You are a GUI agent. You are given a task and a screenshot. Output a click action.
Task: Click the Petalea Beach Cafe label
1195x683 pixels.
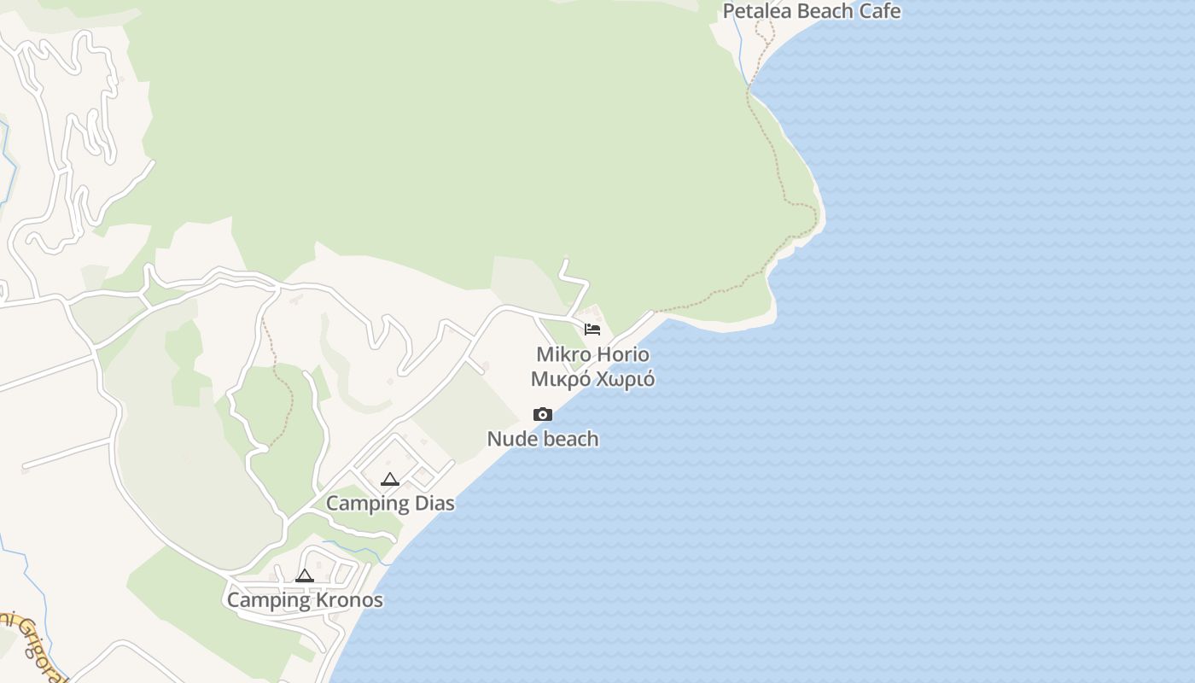coord(811,11)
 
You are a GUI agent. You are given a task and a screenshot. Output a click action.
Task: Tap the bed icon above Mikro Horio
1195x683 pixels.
coord(592,329)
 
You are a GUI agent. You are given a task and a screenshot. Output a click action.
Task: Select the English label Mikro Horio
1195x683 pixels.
coord(592,354)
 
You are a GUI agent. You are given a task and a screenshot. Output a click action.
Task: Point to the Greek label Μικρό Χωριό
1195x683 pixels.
coord(592,379)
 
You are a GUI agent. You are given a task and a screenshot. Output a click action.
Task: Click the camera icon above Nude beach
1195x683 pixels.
coord(543,415)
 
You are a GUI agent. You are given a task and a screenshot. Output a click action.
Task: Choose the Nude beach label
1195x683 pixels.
coord(543,440)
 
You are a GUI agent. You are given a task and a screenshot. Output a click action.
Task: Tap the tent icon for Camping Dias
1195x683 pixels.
coord(390,479)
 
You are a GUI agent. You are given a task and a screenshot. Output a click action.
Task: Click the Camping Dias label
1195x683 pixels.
coord(390,504)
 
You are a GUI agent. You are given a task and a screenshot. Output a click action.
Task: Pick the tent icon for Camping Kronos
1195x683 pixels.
coord(305,575)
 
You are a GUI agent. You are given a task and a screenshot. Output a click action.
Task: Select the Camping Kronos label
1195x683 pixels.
coord(305,600)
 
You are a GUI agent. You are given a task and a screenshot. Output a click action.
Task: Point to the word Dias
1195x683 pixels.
coord(434,504)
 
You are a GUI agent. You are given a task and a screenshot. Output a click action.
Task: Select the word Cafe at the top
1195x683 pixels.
coord(879,11)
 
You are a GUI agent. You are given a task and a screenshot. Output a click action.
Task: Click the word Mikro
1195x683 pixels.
coord(563,354)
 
